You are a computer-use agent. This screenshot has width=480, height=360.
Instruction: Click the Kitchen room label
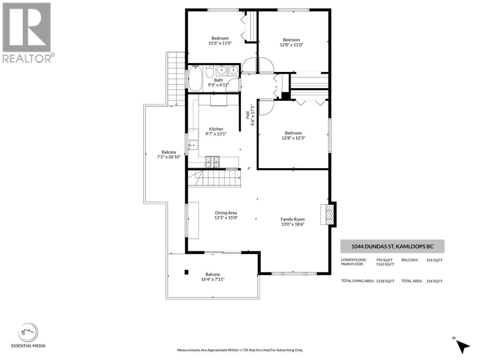click(x=216, y=129)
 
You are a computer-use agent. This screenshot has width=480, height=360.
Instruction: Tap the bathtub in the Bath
click(x=195, y=78)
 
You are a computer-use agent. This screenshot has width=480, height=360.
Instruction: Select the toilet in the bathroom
click(x=210, y=71)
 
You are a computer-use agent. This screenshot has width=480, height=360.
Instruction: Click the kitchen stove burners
click(x=212, y=162)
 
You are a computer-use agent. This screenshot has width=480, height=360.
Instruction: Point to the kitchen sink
click(x=193, y=145)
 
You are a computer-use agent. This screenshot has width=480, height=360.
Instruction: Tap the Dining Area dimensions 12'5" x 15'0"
click(x=226, y=217)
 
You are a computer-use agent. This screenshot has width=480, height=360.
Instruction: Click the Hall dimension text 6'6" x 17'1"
click(x=253, y=115)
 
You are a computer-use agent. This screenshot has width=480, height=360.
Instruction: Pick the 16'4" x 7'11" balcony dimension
click(x=213, y=279)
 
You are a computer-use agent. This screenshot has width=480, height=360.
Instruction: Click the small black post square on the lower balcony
click(x=186, y=272)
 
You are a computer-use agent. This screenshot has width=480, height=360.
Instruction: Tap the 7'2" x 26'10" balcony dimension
click(x=169, y=157)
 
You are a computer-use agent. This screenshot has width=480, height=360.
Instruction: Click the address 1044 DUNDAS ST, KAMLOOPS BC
click(x=392, y=246)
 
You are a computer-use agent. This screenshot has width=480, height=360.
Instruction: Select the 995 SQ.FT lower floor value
click(x=384, y=260)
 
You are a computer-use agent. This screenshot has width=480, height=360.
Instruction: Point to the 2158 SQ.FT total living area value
click(x=385, y=281)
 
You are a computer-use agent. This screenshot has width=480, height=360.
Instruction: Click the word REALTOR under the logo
click(x=27, y=58)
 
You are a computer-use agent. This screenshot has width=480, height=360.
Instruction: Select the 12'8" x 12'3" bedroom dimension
click(x=293, y=138)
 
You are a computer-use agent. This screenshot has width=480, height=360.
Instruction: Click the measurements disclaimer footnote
click(x=240, y=350)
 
